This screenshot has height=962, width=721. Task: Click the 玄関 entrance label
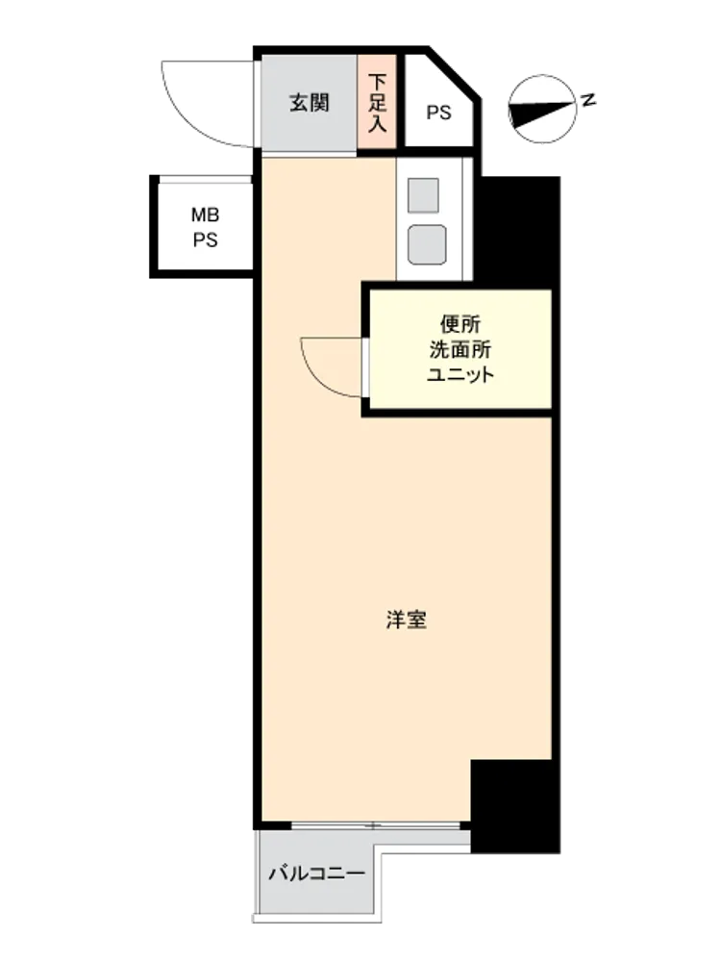(310, 103)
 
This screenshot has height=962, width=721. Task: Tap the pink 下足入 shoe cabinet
(377, 102)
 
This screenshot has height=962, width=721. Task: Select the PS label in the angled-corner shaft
(439, 113)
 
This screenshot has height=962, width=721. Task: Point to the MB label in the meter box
(206, 215)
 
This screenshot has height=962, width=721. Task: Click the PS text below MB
(206, 240)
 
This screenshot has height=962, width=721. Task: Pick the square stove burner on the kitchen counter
(423, 195)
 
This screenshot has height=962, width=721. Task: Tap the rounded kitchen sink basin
(427, 244)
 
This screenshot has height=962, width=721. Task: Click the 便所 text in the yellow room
(460, 323)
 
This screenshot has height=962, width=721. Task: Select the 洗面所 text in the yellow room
(460, 349)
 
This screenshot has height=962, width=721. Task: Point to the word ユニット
(460, 375)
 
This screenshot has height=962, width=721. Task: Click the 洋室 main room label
(407, 620)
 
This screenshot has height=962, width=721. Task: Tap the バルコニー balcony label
(317, 873)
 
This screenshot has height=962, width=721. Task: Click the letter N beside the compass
(588, 99)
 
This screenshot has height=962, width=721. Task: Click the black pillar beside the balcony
(515, 806)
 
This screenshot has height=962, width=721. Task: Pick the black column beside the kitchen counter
(518, 230)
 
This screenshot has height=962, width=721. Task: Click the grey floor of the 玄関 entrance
(310, 103)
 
